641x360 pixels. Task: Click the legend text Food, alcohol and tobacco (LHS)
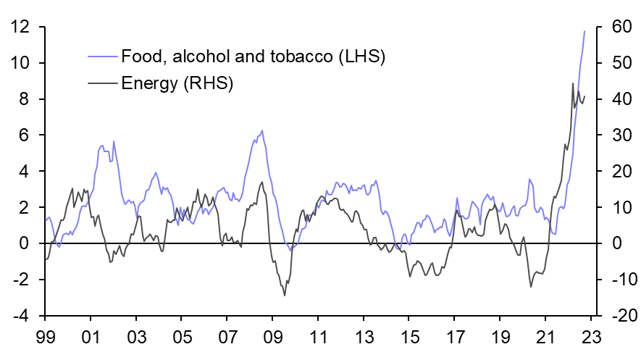point(253,56)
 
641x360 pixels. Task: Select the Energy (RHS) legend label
point(177,83)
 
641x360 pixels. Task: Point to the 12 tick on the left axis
point(20,28)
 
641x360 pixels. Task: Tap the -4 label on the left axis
point(20,317)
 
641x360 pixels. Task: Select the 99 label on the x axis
point(45,337)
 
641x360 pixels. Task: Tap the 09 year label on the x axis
point(272,337)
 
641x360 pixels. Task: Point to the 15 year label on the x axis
point(409,337)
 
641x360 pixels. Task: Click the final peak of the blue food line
point(585,31)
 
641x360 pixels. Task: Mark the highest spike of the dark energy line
point(573,83)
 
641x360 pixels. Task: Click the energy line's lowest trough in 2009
point(285,296)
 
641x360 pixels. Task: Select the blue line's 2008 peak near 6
point(262,130)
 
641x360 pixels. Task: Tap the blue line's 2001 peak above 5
point(101,145)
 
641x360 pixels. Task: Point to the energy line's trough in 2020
point(530,287)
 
